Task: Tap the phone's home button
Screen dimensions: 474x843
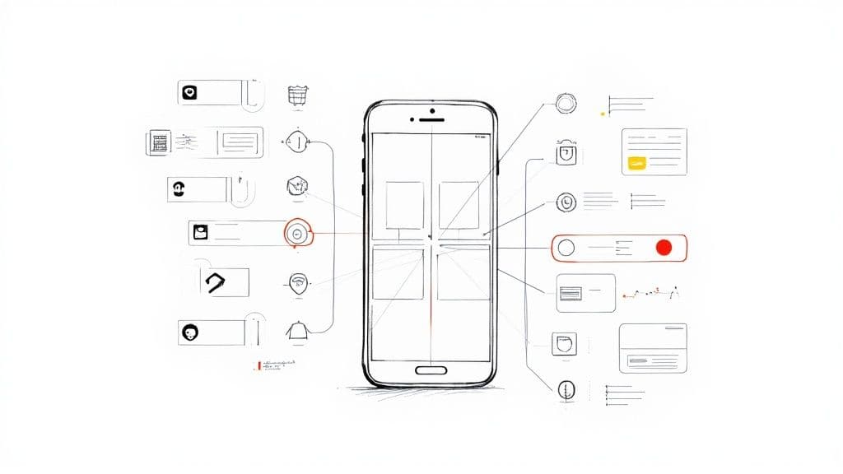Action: tap(431, 369)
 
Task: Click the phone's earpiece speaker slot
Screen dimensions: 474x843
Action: tap(431, 119)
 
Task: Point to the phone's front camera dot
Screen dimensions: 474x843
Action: tap(431, 109)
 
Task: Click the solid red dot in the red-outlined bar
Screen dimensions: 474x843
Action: tap(664, 247)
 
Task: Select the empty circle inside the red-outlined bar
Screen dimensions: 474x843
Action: tap(566, 247)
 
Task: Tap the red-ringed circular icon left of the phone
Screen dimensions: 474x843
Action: tap(297, 233)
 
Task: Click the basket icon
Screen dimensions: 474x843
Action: tap(297, 95)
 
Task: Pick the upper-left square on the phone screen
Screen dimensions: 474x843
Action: tap(404, 205)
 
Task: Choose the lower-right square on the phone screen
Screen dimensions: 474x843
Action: tap(463, 272)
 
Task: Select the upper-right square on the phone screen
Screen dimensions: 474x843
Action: tap(459, 205)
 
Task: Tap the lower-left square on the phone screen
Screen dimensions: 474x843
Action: tap(398, 272)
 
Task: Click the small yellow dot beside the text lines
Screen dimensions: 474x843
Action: tap(603, 113)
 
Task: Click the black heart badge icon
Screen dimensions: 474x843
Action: tap(190, 92)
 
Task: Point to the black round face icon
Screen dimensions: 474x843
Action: tap(190, 332)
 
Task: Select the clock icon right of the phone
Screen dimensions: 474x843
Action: tap(566, 201)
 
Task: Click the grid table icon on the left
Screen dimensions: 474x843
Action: tap(159, 142)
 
